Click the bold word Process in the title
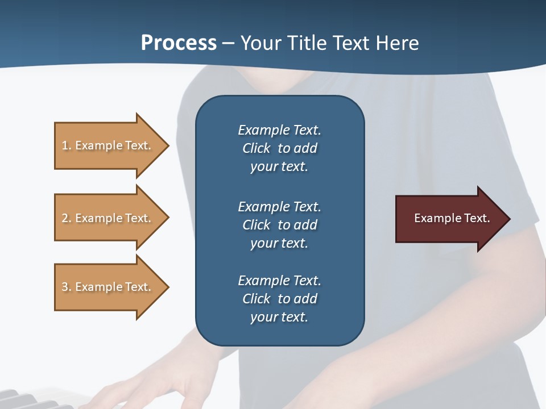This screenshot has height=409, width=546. [179, 43]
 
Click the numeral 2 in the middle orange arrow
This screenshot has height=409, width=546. [65, 218]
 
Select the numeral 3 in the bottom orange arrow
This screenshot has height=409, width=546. [65, 287]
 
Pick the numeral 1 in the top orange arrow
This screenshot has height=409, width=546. [65, 145]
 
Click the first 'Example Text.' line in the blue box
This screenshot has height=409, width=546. [279, 130]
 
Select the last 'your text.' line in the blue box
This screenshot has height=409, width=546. [279, 317]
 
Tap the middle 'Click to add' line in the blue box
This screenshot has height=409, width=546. [279, 225]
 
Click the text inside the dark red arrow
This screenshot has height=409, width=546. [452, 218]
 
